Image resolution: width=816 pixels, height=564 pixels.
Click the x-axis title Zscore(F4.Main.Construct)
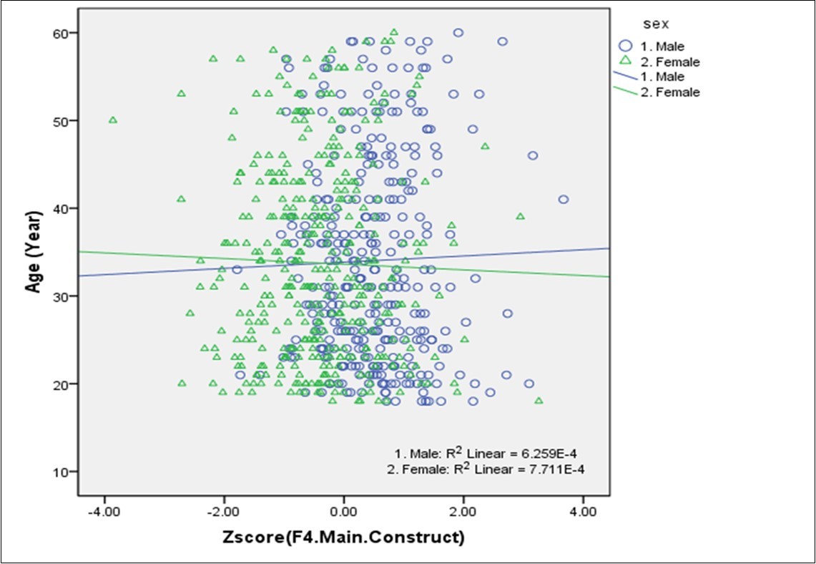point(343,536)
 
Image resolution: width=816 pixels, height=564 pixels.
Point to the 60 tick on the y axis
point(63,33)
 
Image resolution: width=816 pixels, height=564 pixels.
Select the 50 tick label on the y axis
point(63,121)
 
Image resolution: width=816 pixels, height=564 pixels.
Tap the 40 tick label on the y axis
point(63,208)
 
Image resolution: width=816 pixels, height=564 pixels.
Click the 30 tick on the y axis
point(63,296)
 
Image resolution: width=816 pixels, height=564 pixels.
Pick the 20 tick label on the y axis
point(63,384)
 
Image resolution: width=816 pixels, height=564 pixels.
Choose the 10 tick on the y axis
point(63,472)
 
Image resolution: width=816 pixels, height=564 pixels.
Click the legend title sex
point(656,25)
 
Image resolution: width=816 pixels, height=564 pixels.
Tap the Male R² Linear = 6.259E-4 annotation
point(491,454)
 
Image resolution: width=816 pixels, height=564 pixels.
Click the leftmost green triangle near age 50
point(112,120)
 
